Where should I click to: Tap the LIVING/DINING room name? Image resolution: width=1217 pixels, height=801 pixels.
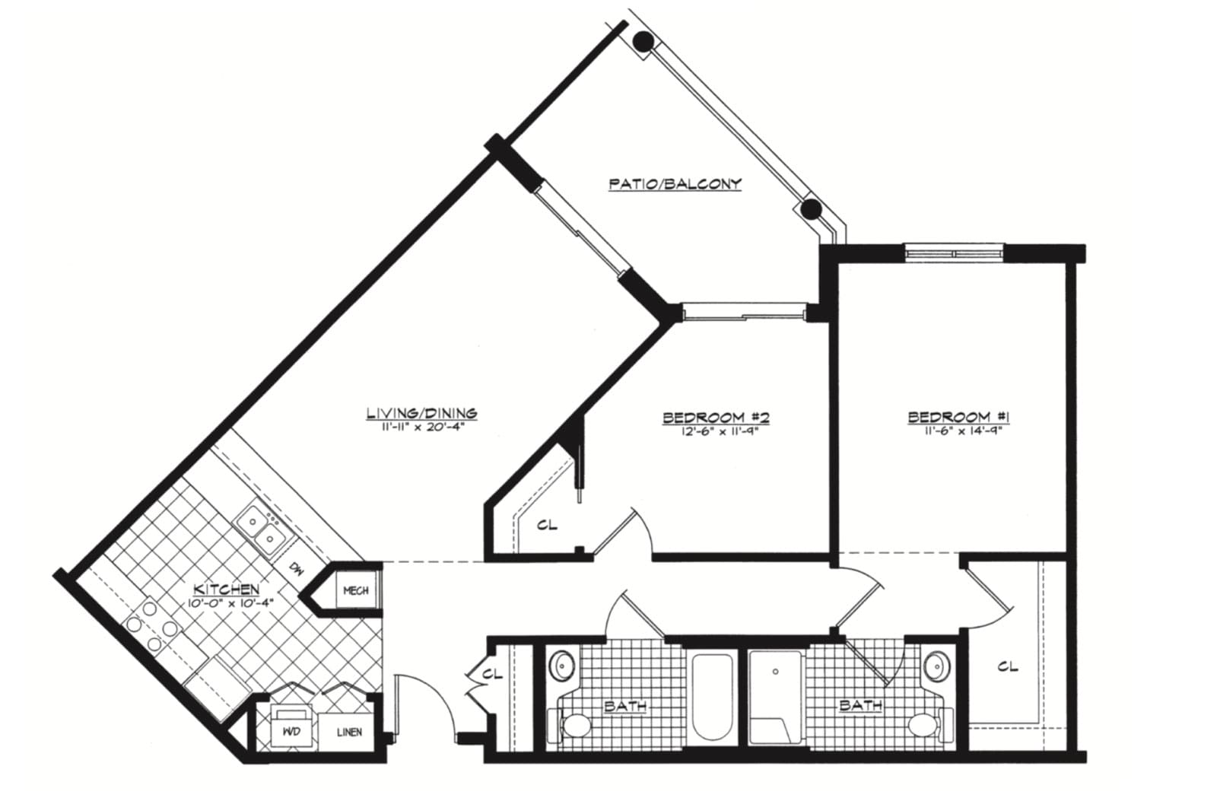(x=422, y=413)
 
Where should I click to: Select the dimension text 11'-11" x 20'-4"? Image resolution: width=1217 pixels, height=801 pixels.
(x=422, y=428)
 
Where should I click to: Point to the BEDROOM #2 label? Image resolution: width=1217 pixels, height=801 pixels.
(x=716, y=418)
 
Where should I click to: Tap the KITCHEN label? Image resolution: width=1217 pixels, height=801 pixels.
(x=227, y=589)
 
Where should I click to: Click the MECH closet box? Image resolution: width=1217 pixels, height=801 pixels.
(x=357, y=591)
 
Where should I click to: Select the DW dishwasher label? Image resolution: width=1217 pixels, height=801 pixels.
(x=296, y=569)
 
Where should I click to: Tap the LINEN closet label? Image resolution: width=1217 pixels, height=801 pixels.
(x=349, y=733)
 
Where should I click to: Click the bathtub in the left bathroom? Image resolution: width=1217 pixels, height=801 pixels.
(x=713, y=698)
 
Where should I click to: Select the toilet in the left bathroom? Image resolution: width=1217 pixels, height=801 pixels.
(x=570, y=724)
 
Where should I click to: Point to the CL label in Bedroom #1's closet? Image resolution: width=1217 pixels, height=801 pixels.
(x=1008, y=667)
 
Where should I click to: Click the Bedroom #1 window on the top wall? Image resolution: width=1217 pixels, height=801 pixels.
(x=955, y=252)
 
